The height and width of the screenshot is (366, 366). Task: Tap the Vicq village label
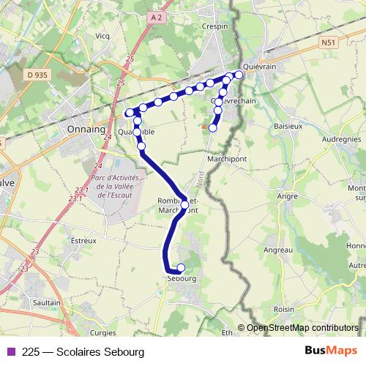(x=102, y=35)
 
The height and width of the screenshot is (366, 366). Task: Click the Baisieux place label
(x=288, y=126)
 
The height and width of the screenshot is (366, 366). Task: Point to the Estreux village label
(x=83, y=239)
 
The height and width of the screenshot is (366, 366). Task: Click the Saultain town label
(x=47, y=302)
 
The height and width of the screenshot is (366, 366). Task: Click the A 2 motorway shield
(x=152, y=16)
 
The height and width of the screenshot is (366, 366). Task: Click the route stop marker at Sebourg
(x=181, y=267)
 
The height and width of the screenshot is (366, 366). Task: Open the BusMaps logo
(x=331, y=351)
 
